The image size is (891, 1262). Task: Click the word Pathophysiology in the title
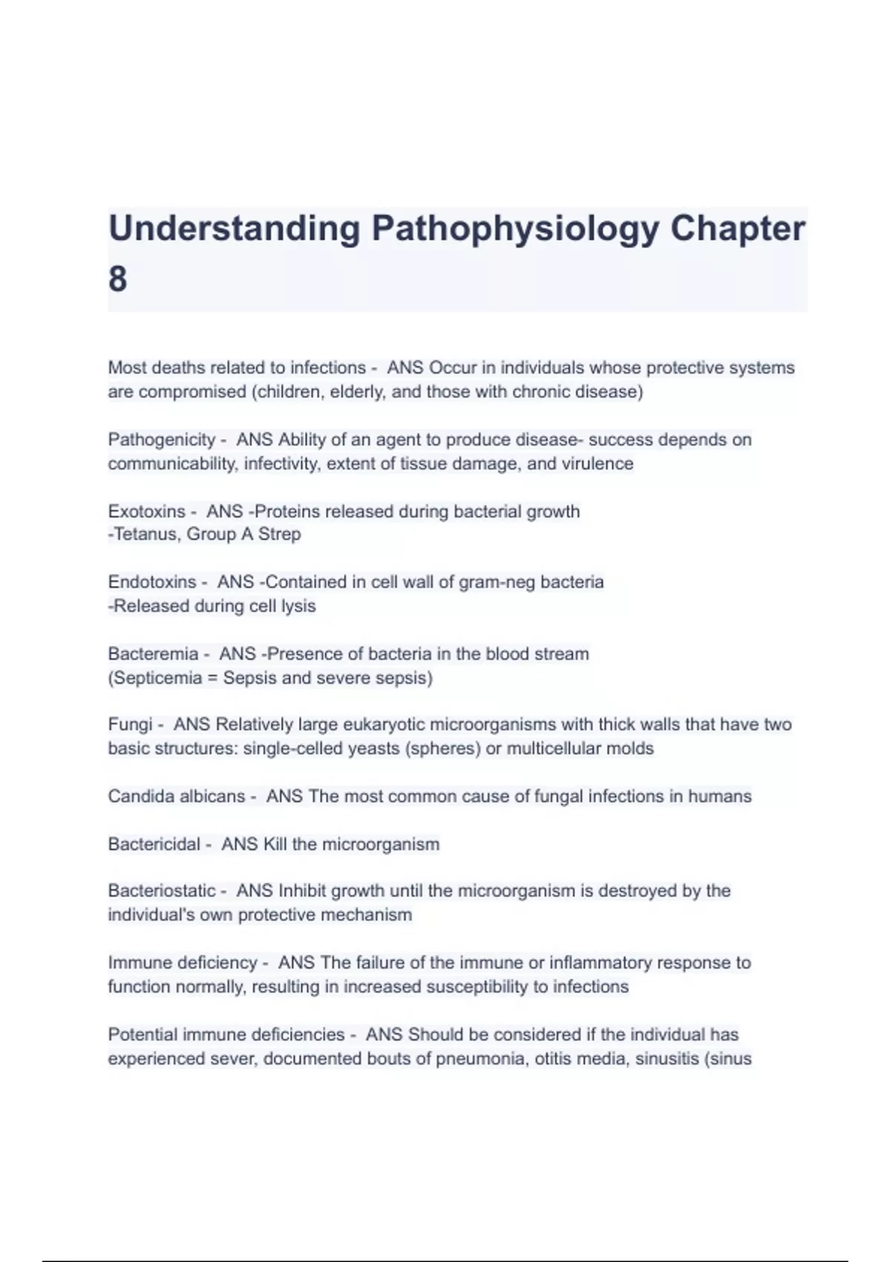515,229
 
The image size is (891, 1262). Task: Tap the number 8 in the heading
117,280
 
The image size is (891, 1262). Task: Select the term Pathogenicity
161,439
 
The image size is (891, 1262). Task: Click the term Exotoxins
146,511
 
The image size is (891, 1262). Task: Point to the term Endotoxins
151,582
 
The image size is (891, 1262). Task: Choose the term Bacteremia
153,654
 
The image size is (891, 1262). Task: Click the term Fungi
129,725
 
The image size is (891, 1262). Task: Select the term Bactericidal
154,845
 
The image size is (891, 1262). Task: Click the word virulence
598,464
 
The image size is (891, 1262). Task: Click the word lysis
298,607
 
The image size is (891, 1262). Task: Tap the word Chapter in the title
737,229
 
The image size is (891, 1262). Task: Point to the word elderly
357,392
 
